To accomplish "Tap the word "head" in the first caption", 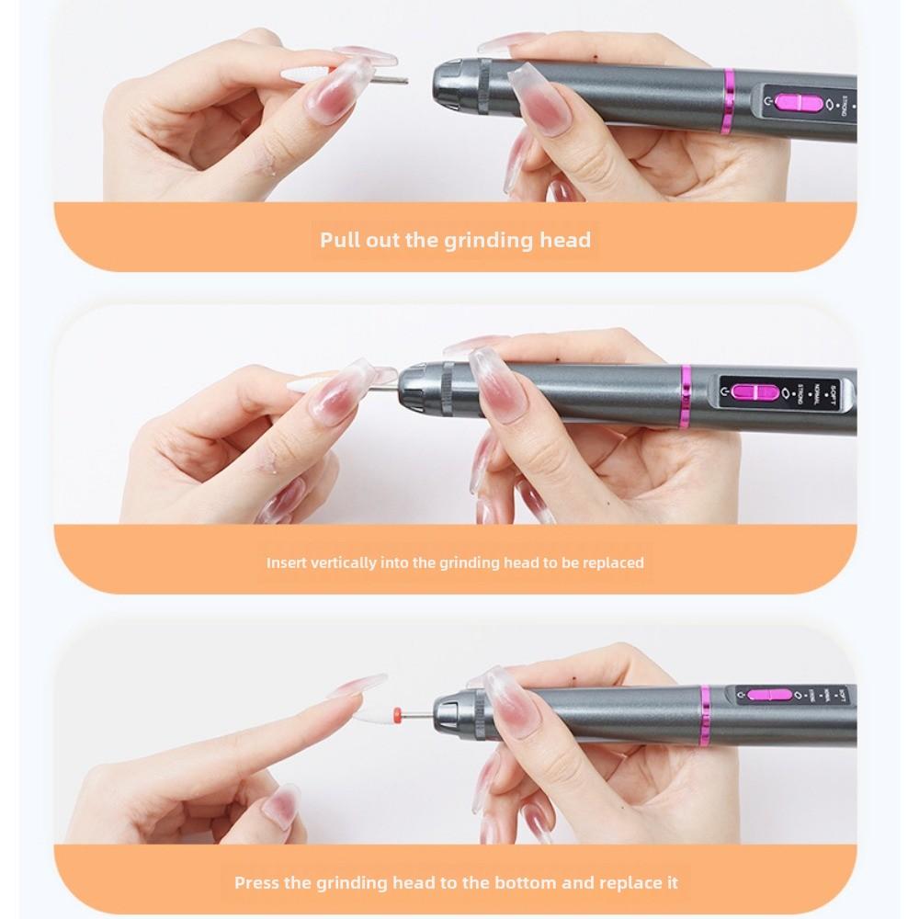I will pyautogui.click(x=566, y=241).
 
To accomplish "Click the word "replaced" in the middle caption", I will pyautogui.click(x=611, y=562).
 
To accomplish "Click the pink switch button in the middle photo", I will pyautogui.click(x=754, y=392).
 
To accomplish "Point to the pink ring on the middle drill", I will pyautogui.click(x=686, y=397).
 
